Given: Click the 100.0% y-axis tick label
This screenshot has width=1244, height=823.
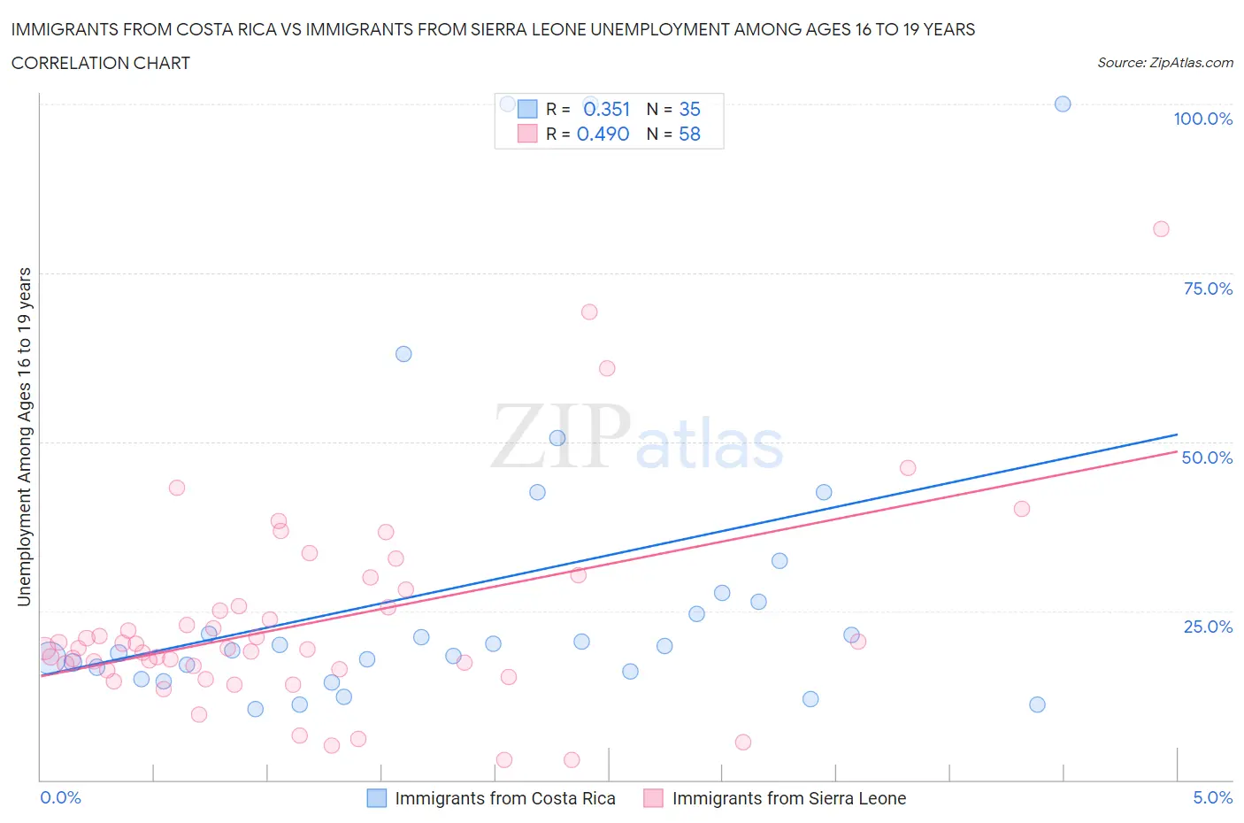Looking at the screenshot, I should [1202, 119].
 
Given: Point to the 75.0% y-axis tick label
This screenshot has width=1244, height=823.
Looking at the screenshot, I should [1208, 288].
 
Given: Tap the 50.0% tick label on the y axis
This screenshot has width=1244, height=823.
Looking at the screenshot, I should [1207, 458].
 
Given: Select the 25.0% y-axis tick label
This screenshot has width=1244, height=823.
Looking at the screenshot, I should [1208, 627].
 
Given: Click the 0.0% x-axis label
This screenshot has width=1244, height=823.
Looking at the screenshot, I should [60, 797].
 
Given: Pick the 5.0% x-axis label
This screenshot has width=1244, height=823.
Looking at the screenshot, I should [1212, 797].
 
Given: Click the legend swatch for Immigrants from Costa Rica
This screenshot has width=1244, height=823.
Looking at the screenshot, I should [377, 798].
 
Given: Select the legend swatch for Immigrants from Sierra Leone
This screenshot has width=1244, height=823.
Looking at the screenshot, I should [654, 798].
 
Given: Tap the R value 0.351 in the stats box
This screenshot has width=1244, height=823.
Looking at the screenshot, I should [606, 109].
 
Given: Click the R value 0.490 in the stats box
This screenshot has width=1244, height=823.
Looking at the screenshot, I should [603, 134].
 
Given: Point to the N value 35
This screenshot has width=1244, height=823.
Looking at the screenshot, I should [689, 109].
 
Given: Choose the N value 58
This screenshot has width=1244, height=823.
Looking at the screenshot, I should [689, 134].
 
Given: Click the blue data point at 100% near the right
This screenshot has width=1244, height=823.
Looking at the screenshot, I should [1063, 104].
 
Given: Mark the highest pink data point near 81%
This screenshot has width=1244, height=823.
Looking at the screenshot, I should [1161, 229].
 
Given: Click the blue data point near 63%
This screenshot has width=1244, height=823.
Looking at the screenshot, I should [403, 354].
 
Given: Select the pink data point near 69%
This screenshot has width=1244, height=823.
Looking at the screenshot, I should [589, 312].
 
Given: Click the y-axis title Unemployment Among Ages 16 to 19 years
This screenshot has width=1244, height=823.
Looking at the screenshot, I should [24, 437].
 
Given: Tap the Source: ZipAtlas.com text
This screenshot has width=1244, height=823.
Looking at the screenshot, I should [1164, 62].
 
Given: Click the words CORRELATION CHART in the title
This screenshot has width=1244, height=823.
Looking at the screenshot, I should [101, 63].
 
